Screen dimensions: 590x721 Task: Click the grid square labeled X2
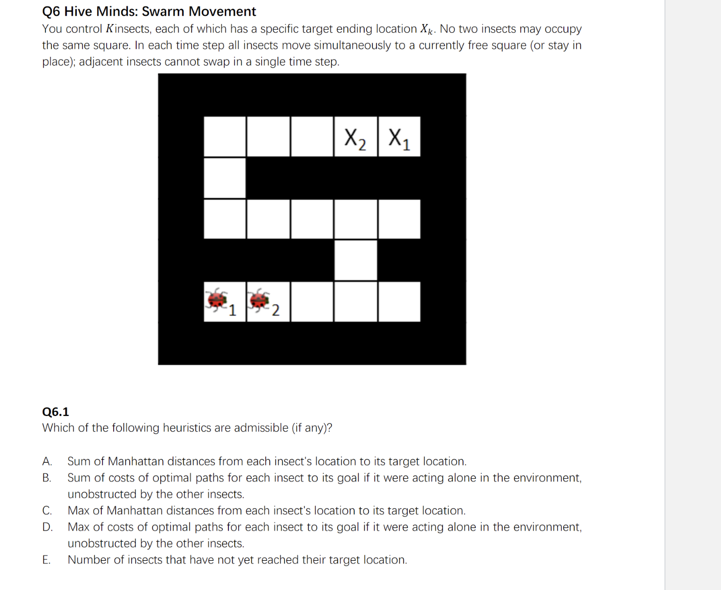[x=355, y=137]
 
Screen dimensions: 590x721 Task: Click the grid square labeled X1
[x=399, y=137]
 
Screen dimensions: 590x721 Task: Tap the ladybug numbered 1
[x=218, y=301]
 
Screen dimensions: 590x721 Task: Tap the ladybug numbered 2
[x=260, y=301]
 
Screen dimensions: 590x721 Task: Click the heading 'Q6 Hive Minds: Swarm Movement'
[x=149, y=11]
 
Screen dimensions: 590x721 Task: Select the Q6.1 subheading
[x=55, y=412]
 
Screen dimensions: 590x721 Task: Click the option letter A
[x=47, y=461]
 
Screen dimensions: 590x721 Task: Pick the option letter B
[x=47, y=478]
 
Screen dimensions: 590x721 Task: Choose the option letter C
[x=47, y=511]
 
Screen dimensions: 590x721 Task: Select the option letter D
[x=47, y=527]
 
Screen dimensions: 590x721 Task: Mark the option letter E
[x=47, y=560]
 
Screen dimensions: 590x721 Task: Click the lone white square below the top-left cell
[x=224, y=178]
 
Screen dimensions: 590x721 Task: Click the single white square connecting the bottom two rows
[x=355, y=260]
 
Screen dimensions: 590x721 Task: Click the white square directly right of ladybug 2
[x=312, y=302]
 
